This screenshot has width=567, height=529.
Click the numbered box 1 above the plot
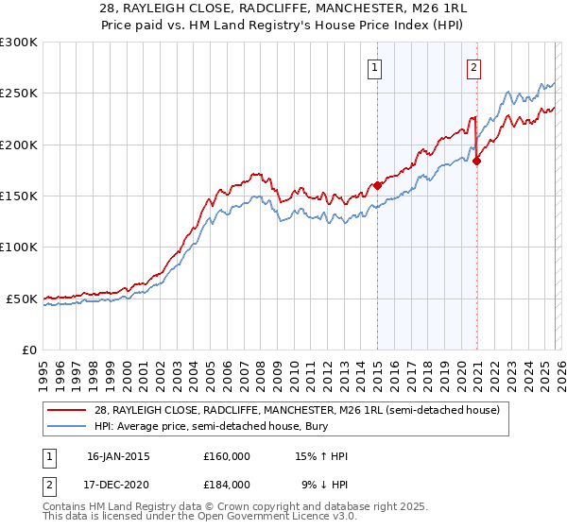point(375,67)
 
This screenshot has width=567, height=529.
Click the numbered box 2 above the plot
point(472,67)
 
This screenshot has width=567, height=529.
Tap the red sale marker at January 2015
point(377,185)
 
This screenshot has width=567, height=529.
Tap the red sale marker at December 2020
point(476,161)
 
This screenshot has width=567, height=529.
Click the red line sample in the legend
point(67,410)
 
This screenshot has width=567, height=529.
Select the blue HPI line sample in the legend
point(67,426)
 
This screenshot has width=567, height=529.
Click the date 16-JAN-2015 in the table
point(118,456)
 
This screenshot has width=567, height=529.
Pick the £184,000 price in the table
point(227,484)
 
